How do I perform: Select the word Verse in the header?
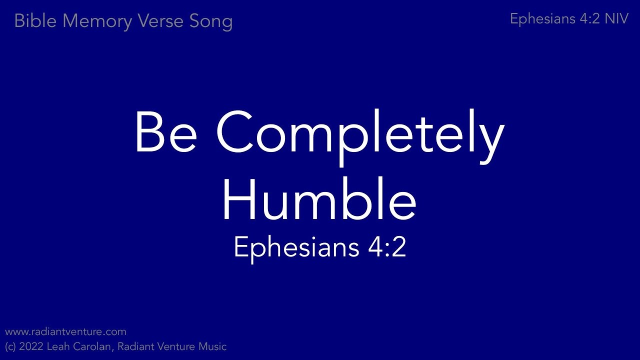click(x=154, y=21)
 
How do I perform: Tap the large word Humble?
click(x=319, y=200)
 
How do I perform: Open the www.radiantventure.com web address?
click(x=65, y=332)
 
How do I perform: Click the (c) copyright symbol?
click(x=10, y=346)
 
